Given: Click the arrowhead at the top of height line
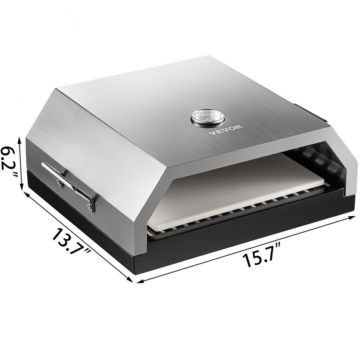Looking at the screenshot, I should point(21,139).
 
